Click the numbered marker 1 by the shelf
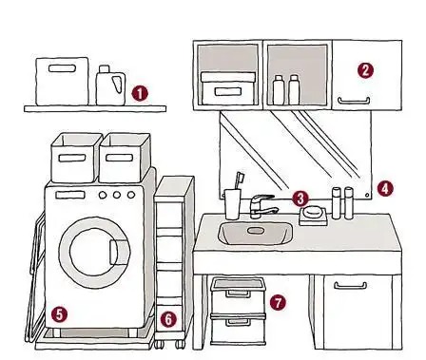point(140,93)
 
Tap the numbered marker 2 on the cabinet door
point(365,70)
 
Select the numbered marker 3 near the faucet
point(300,199)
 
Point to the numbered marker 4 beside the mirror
point(385,189)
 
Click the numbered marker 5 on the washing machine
point(60,314)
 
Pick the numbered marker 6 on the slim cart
point(168,319)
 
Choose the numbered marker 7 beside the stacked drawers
point(278,302)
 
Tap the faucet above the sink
point(262,206)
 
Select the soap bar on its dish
point(312,212)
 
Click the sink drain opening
point(255,231)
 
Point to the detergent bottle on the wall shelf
point(111,85)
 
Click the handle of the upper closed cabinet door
point(354,101)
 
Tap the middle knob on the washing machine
point(117,195)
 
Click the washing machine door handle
point(118,253)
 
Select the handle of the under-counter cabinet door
point(351,286)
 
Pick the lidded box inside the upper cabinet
point(228,88)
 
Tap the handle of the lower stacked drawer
point(238,322)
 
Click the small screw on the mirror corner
point(367,195)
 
